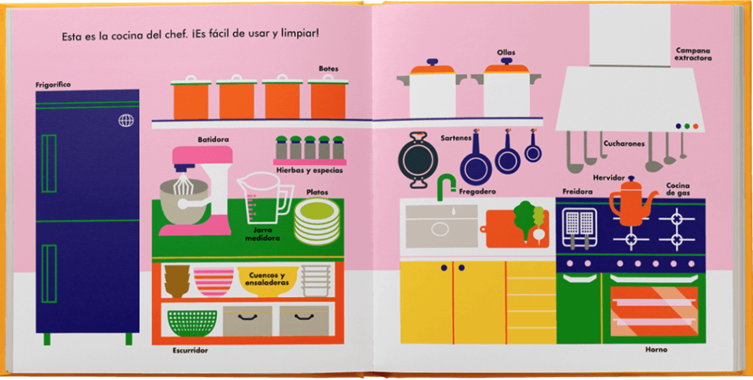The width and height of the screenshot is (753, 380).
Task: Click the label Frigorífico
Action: point(53,85)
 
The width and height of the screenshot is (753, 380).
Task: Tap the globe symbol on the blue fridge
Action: point(126,121)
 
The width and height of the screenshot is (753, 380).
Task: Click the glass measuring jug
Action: point(265,198)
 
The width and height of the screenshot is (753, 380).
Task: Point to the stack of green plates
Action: point(317,222)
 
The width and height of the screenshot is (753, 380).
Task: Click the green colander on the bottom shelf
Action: point(192,323)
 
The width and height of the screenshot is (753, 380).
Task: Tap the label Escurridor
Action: point(190,350)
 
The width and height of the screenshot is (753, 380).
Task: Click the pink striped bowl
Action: point(213,281)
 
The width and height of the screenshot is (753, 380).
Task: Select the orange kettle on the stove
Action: point(631,202)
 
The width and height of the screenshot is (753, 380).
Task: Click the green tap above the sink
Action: point(446,187)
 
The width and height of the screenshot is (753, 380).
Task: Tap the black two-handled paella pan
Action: point(418,160)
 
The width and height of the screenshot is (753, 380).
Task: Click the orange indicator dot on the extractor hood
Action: point(695,126)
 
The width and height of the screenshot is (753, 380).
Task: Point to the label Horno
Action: point(656,349)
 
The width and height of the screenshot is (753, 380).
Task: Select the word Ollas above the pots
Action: point(506,52)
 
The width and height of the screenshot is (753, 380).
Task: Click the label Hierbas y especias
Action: point(309,170)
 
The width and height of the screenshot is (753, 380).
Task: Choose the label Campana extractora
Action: point(693,54)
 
